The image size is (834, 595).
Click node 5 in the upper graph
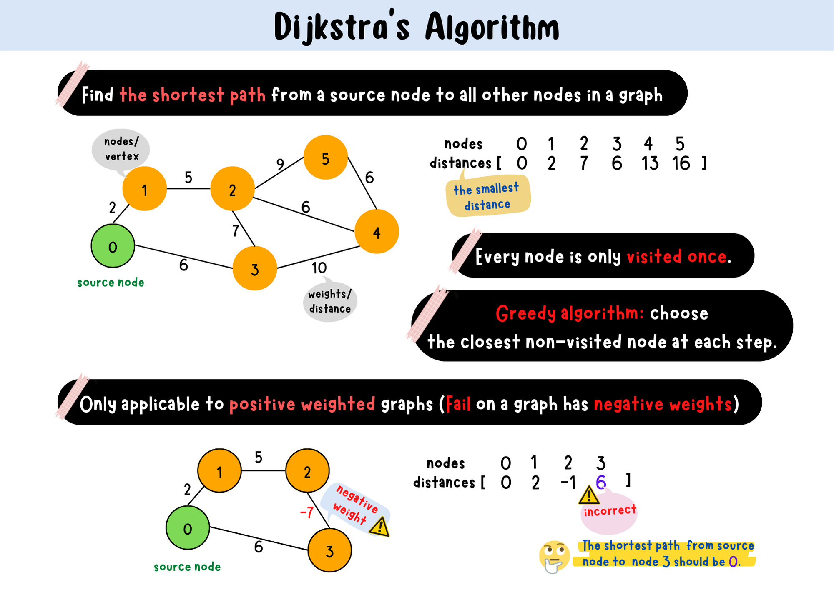click(326, 157)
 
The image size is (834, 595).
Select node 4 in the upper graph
click(377, 232)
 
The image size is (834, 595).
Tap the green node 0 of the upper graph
click(113, 246)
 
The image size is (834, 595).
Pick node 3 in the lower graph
click(329, 550)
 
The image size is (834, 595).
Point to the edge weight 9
click(280, 164)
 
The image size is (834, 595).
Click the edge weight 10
click(319, 268)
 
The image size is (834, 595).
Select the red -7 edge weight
click(307, 512)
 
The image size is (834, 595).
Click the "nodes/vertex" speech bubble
click(121, 149)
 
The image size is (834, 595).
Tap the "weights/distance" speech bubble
click(330, 301)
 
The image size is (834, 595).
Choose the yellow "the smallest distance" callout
click(487, 196)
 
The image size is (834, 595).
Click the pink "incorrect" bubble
click(610, 512)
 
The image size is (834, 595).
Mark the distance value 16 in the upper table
click(681, 163)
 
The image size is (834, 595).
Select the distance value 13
click(650, 163)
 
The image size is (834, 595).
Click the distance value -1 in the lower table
click(568, 482)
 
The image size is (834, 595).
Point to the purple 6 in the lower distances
click(601, 482)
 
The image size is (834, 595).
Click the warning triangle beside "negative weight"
click(379, 527)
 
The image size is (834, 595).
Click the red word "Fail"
click(458, 404)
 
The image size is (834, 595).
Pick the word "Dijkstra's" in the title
click(342, 27)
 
